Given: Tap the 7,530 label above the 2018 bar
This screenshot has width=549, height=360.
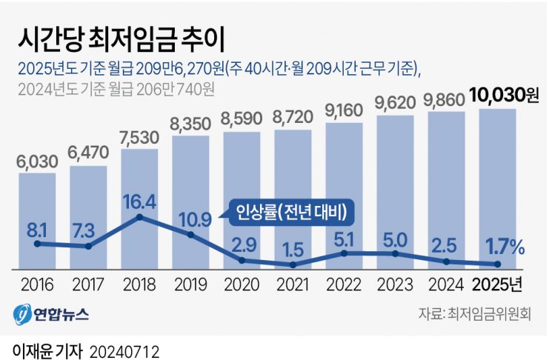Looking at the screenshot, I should [x=139, y=139].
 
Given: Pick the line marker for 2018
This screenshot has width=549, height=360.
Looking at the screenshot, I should [x=139, y=218].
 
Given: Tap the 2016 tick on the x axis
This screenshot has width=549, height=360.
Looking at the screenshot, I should [x=36, y=284].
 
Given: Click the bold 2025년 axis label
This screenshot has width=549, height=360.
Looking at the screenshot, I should [x=498, y=284].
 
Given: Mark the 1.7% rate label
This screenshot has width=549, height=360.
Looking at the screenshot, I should [x=503, y=245].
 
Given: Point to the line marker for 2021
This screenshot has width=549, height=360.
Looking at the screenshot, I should [x=293, y=264].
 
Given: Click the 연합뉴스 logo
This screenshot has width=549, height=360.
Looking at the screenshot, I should [x=52, y=314].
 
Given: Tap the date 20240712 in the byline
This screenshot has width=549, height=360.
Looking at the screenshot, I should [x=124, y=348].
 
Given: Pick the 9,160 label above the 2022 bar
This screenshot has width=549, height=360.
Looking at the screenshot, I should [x=344, y=111].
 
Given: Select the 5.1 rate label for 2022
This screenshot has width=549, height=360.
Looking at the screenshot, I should [x=344, y=239].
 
